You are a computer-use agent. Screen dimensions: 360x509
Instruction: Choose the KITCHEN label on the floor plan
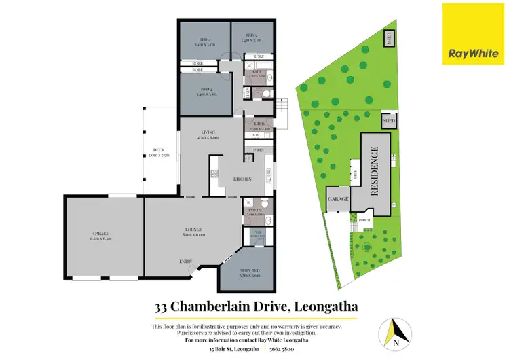pos(243,179)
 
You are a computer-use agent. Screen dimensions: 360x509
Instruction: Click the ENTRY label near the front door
pos(185,262)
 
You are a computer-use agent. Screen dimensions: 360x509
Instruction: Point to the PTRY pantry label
pos(259,150)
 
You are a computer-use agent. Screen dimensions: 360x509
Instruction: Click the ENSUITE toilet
pos(265,205)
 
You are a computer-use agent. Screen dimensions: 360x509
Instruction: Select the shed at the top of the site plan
pos(389,38)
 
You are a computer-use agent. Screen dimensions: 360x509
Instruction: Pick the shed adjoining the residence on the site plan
pos(389,122)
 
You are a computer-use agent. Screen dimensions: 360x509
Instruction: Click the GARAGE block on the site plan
pos(338,200)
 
